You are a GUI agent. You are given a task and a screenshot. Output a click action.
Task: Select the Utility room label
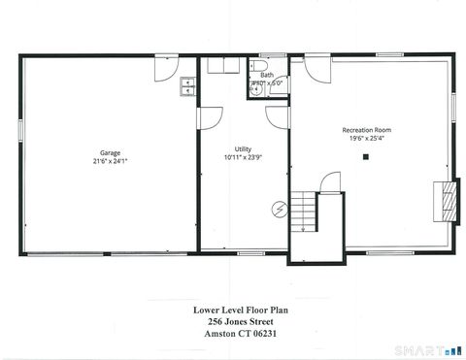pos(243,148)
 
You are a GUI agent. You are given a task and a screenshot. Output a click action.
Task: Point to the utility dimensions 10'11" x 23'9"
pos(243,157)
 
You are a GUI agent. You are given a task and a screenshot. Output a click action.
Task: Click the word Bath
pos(267,75)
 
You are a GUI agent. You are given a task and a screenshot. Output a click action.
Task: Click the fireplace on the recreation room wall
pos(448,199)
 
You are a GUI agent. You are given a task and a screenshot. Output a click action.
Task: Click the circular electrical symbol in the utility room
pos(280,208)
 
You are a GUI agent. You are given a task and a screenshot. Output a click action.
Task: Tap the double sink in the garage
pos(187,90)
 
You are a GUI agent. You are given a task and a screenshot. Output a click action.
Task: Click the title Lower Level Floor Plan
pos(240,311)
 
